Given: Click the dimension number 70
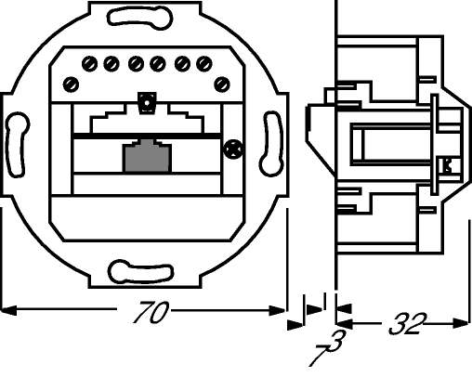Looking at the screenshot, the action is (x=151, y=312).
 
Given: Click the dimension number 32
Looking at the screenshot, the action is (x=408, y=324).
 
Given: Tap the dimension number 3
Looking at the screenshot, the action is (x=337, y=341).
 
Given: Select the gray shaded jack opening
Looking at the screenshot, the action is (x=147, y=156).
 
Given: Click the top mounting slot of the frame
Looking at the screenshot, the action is (x=140, y=18).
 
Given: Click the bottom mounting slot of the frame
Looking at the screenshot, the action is (x=141, y=272).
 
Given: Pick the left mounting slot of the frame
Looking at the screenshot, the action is (x=18, y=145).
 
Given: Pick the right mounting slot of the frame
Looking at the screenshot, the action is (x=271, y=143).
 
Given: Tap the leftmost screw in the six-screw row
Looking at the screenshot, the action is (x=89, y=64).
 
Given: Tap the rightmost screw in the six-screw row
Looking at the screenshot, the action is (x=204, y=64).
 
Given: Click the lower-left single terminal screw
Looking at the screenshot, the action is (x=71, y=84).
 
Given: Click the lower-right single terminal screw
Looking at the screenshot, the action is (x=222, y=84).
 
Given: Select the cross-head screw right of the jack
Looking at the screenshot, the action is (x=232, y=149).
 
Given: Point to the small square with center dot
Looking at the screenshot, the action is (x=147, y=102).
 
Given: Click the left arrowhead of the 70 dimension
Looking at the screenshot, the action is (x=8, y=310).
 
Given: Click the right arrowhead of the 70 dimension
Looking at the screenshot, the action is (x=277, y=310).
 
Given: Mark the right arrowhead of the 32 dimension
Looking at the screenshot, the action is (x=461, y=323).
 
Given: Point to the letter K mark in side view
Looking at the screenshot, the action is (x=448, y=165).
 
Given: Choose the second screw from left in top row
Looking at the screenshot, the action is (x=111, y=64).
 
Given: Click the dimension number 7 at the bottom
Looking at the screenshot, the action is (x=318, y=356).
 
